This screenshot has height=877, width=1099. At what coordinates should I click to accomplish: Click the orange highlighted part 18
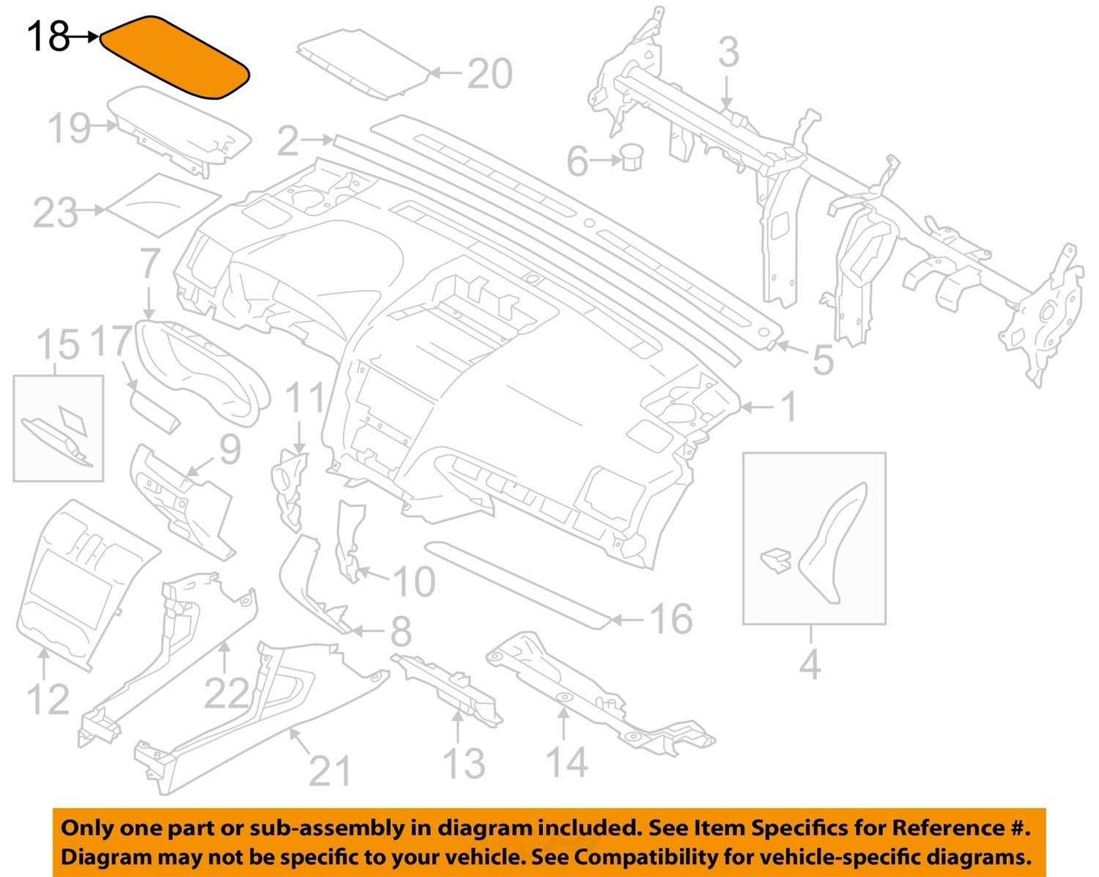(x=174, y=57)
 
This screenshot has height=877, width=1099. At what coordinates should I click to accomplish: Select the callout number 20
(x=489, y=74)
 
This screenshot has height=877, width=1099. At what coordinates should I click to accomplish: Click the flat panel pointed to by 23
(x=164, y=205)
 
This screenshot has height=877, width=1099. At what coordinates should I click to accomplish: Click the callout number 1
(x=789, y=406)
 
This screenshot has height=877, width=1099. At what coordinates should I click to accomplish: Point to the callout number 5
(x=823, y=360)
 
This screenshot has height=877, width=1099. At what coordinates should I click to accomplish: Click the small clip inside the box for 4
(x=776, y=561)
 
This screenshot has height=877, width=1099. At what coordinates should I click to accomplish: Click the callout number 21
(x=330, y=771)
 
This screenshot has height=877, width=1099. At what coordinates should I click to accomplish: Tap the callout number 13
(x=464, y=763)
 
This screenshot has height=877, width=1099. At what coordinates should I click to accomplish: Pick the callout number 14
(x=567, y=761)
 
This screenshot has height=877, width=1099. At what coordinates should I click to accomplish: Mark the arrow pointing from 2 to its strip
(x=316, y=138)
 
